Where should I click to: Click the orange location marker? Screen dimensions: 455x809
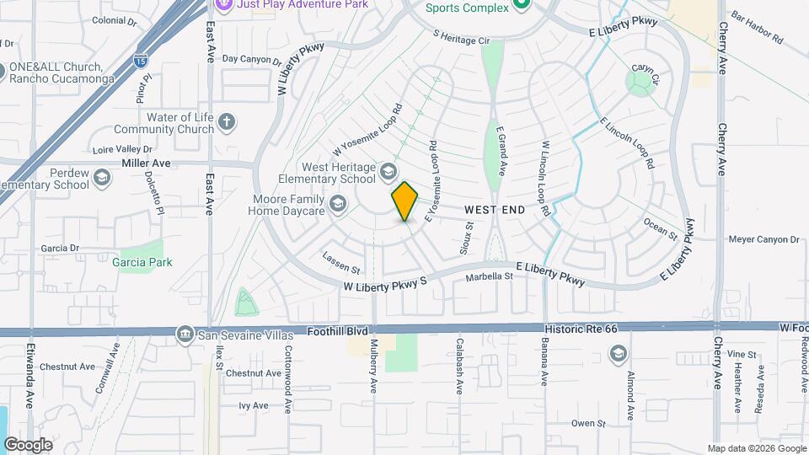coord(404,201)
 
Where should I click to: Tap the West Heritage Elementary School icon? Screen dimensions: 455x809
coord(388,172)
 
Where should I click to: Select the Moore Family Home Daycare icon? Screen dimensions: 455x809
coord(338,203)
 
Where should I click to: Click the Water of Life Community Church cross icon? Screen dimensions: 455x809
coord(226,123)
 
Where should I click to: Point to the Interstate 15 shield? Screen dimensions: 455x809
coord(140,61)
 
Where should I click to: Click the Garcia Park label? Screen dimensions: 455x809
coord(142,262)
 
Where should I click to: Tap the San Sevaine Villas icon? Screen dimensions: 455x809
coord(185,335)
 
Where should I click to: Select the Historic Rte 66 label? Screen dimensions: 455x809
coord(581,326)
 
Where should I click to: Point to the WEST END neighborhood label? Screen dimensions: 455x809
coord(495,209)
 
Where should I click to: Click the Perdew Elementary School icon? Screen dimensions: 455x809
coord(102,179)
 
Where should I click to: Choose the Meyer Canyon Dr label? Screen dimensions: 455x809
coord(763,239)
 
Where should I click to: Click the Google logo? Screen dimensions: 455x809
coord(28,444)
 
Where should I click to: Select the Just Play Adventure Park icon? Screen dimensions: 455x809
coord(223,5)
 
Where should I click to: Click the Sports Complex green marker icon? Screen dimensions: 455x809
coord(521,7)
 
